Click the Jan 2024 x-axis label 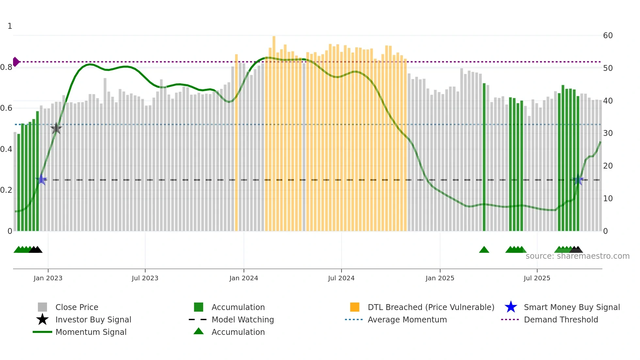(x=244, y=278)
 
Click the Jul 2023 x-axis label (x=145, y=278)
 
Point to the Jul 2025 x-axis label (x=537, y=278)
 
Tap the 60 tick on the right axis (x=608, y=35)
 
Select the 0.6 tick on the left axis (x=6, y=108)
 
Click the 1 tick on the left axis (x=10, y=26)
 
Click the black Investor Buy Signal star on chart (x=56, y=128)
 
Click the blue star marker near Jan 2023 (x=41, y=179)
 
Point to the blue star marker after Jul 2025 (x=578, y=180)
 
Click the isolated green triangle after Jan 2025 (x=484, y=250)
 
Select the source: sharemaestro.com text (x=577, y=256)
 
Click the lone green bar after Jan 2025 (x=484, y=157)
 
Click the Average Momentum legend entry (x=407, y=319)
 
